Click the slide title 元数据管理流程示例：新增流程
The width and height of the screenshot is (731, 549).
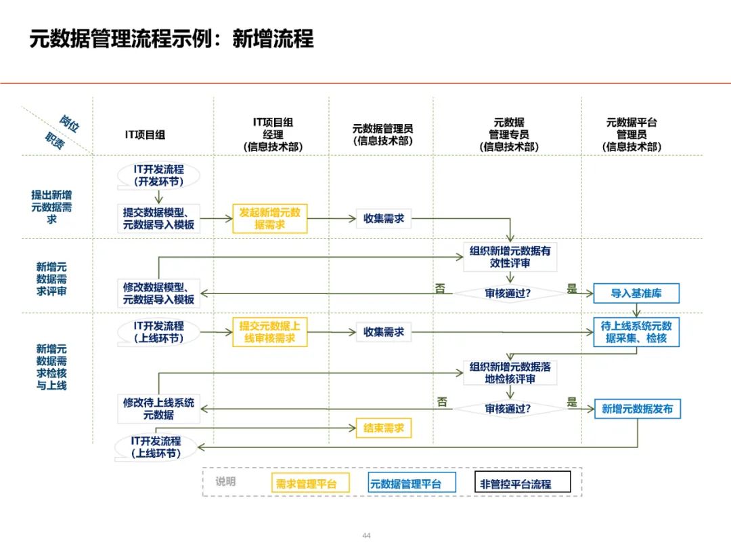click(x=171, y=39)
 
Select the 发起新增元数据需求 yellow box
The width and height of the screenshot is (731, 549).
click(x=269, y=218)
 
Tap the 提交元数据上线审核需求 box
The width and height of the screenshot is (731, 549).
click(x=269, y=332)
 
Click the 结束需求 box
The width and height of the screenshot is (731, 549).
click(x=383, y=428)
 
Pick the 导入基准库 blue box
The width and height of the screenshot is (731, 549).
click(x=636, y=293)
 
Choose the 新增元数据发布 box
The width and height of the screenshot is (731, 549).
click(x=637, y=409)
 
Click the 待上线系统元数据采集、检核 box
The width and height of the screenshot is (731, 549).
click(x=636, y=332)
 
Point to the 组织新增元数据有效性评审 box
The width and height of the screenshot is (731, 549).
click(x=510, y=257)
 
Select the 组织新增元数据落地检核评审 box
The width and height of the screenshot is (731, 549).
click(x=510, y=373)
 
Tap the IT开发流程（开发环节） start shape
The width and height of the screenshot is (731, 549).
click(x=158, y=176)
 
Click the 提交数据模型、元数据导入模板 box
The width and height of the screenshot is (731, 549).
click(x=158, y=218)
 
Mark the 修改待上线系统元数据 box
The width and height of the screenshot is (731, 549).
click(x=158, y=409)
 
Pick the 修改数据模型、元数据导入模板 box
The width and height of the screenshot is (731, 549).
click(x=158, y=293)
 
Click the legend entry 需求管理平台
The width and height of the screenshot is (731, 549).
click(x=306, y=483)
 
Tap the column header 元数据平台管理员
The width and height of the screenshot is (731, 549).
click(x=632, y=134)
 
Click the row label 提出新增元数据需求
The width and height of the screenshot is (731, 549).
click(x=52, y=207)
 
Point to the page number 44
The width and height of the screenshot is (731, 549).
click(x=366, y=535)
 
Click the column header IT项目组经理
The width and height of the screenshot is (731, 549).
click(x=273, y=134)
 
